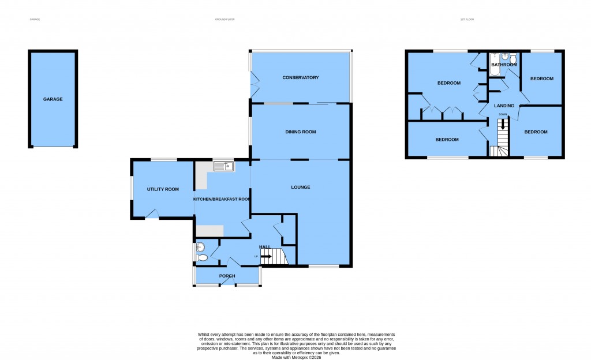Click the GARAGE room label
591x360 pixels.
[53, 99]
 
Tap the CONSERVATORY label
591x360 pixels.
[300, 78]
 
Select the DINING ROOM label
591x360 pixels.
[300, 132]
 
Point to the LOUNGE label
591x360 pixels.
[300, 187]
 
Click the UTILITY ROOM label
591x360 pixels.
[163, 189]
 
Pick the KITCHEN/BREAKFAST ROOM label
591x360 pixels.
[222, 199]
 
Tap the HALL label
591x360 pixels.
[265, 247]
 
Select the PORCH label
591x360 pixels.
[227, 276]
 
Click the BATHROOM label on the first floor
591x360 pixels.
[504, 65]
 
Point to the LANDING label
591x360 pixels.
[504, 106]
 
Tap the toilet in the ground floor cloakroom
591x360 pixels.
[201, 258]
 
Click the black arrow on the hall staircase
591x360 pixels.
[266, 256]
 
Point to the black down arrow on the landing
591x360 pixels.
[503, 123]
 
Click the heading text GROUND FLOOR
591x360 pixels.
[225, 20]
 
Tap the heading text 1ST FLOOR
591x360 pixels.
[467, 20]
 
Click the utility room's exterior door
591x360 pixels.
[152, 215]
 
